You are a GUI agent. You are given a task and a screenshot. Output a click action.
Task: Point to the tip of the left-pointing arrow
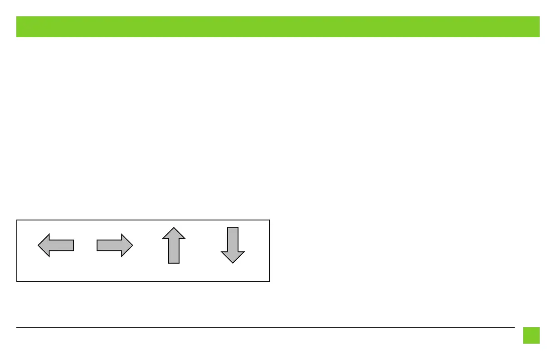point(38,245)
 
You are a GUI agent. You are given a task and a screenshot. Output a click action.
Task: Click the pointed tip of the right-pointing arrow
point(133,245)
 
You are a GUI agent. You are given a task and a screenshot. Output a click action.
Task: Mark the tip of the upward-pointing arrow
point(174,228)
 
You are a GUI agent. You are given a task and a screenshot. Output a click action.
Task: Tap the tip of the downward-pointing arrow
point(233,263)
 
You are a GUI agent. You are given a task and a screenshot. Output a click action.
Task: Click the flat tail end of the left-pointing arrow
point(73,245)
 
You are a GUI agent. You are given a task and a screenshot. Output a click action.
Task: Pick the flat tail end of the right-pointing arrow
point(97,245)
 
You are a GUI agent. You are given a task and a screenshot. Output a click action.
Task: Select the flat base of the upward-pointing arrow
point(174,263)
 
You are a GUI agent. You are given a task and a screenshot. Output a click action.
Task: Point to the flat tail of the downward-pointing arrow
point(233,228)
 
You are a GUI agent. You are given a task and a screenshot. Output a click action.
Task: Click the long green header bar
point(278,27)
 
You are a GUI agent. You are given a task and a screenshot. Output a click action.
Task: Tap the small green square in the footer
point(531,335)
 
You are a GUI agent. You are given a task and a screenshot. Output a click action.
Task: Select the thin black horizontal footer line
point(265,327)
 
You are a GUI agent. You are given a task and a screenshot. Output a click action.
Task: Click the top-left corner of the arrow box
point(17,220)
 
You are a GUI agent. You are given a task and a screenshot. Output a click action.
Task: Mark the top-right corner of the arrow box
point(269,220)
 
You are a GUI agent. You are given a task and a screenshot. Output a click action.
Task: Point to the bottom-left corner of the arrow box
point(17,281)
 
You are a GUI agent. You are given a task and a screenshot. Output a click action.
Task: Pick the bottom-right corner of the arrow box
point(269,281)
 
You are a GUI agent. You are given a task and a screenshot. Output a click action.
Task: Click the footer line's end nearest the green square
point(514,327)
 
